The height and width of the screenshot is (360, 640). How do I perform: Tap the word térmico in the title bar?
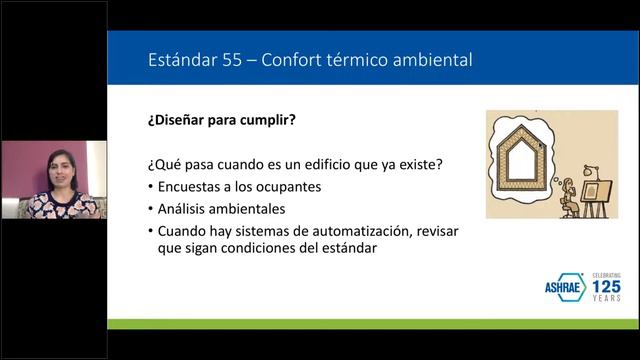tap(346, 60)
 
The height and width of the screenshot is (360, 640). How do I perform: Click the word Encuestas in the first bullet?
tap(192, 187)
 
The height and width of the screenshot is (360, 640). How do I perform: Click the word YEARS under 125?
tap(605, 299)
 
